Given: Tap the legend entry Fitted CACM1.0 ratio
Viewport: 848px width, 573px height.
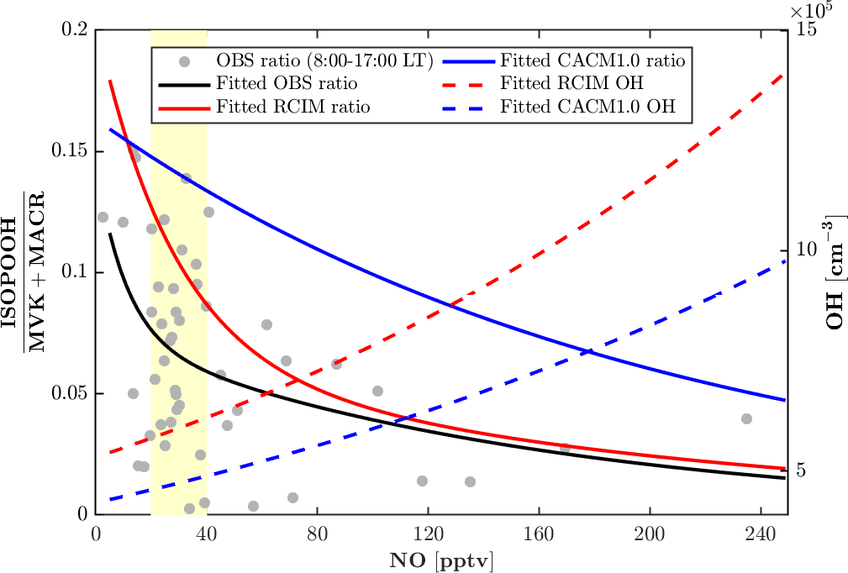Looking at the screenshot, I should pos(593,60).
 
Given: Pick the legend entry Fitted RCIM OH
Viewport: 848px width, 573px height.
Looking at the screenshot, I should pos(571,84).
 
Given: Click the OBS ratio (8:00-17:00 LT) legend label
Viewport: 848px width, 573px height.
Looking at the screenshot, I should pos(324,60).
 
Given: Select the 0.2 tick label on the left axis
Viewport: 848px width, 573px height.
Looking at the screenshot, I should pos(76,30).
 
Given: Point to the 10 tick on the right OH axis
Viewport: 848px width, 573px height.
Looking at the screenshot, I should pos(806,251).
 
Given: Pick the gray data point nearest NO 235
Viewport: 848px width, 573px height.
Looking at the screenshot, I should pos(746,418).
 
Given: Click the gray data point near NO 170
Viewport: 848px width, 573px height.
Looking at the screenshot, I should pos(565,449).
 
